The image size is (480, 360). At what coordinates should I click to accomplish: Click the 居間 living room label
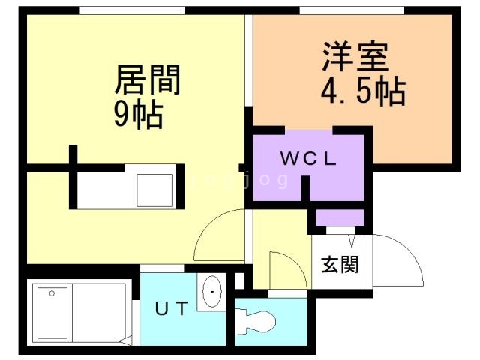pos(148,79)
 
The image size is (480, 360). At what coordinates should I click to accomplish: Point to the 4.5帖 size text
pos(363,92)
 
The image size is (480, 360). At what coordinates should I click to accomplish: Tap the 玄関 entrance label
pos(339,265)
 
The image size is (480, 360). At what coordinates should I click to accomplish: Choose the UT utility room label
pos(172,308)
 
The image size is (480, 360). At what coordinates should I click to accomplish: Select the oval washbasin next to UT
pos(212,291)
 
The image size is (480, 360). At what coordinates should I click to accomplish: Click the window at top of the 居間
pos(132,10)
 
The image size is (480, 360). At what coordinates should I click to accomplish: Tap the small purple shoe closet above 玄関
pos(339,218)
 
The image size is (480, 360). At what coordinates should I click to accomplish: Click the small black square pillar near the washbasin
pos(239,280)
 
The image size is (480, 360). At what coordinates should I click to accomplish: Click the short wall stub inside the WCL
pos(305,188)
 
